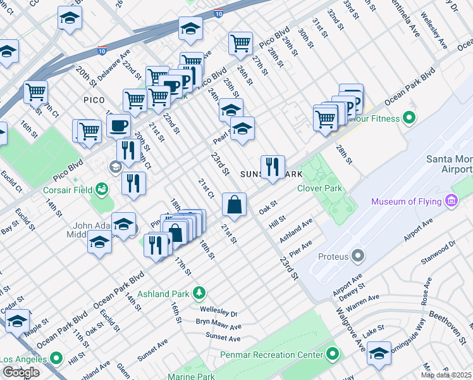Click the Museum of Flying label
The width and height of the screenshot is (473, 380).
[407, 202]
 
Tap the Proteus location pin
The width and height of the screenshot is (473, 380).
[359, 256]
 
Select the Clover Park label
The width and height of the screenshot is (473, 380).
[319, 188]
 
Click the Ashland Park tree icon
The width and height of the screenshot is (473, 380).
[199, 292]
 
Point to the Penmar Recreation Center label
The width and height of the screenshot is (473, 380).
[273, 355]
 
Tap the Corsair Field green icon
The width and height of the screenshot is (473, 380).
[101, 189]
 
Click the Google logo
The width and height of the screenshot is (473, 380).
[21, 372]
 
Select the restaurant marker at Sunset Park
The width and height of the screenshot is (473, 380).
[273, 168]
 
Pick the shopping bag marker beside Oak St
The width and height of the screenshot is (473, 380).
[234, 205]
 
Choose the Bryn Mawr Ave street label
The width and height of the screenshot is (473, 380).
[218, 326]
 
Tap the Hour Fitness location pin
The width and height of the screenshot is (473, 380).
[408, 118]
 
